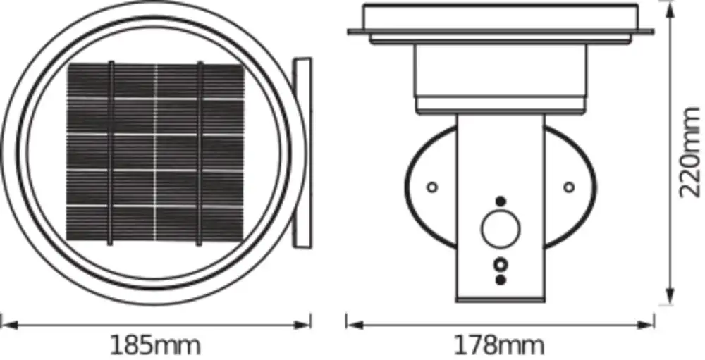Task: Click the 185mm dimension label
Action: (156, 345)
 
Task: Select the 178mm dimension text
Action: (499, 345)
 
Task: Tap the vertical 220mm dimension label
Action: (690, 152)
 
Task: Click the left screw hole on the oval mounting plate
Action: (432, 187)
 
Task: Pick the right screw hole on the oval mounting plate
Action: (569, 187)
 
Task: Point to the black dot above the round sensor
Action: (501, 201)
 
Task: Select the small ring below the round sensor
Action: (500, 264)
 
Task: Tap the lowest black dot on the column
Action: (500, 280)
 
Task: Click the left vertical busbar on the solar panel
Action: (111, 154)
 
